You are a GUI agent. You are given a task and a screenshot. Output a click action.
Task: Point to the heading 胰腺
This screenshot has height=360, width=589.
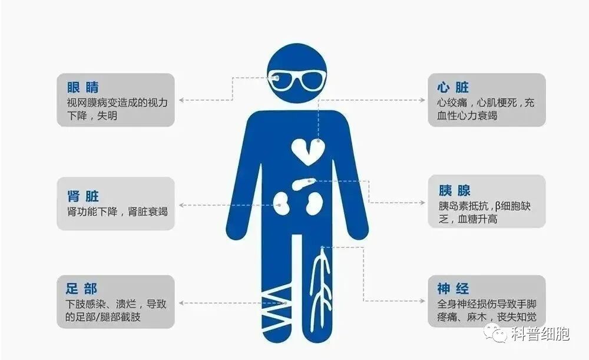[454, 190]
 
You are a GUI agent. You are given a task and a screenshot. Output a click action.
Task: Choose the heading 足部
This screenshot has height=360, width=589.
[82, 289]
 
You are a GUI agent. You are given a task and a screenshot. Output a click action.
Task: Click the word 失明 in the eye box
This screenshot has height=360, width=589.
[107, 116]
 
